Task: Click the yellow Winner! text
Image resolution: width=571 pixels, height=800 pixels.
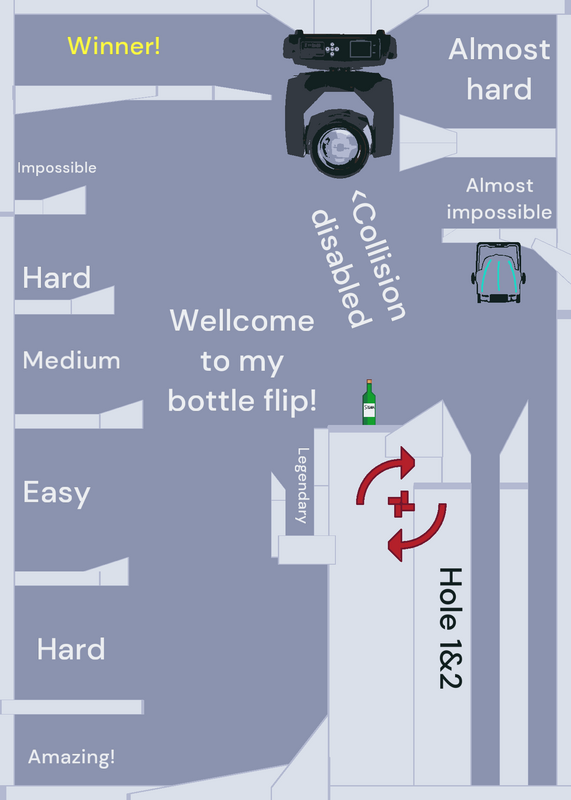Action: pyautogui.click(x=114, y=46)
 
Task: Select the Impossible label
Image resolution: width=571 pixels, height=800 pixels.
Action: pyautogui.click(x=57, y=168)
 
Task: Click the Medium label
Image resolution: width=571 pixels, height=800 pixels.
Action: pyautogui.click(x=71, y=360)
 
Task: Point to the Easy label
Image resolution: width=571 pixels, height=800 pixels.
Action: pyautogui.click(x=57, y=493)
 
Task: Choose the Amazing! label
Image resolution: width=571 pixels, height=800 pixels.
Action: pyautogui.click(x=71, y=757)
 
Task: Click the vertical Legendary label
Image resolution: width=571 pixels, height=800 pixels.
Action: pyautogui.click(x=303, y=485)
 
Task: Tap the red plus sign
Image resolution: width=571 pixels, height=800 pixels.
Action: pyautogui.click(x=401, y=504)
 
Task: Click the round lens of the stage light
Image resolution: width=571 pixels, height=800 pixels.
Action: pyautogui.click(x=339, y=147)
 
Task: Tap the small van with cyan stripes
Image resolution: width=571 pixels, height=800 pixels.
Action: pyautogui.click(x=498, y=272)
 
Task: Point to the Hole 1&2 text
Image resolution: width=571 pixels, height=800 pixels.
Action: pyautogui.click(x=451, y=628)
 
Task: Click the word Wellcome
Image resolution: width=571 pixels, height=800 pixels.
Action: pyautogui.click(x=242, y=321)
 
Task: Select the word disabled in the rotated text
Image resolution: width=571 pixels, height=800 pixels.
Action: pyautogui.click(x=340, y=268)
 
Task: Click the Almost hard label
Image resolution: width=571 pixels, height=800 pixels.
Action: pyautogui.click(x=499, y=69)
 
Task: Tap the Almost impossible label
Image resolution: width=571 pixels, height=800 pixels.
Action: pyautogui.click(x=499, y=199)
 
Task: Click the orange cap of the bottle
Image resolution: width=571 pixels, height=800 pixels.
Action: pyautogui.click(x=369, y=381)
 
